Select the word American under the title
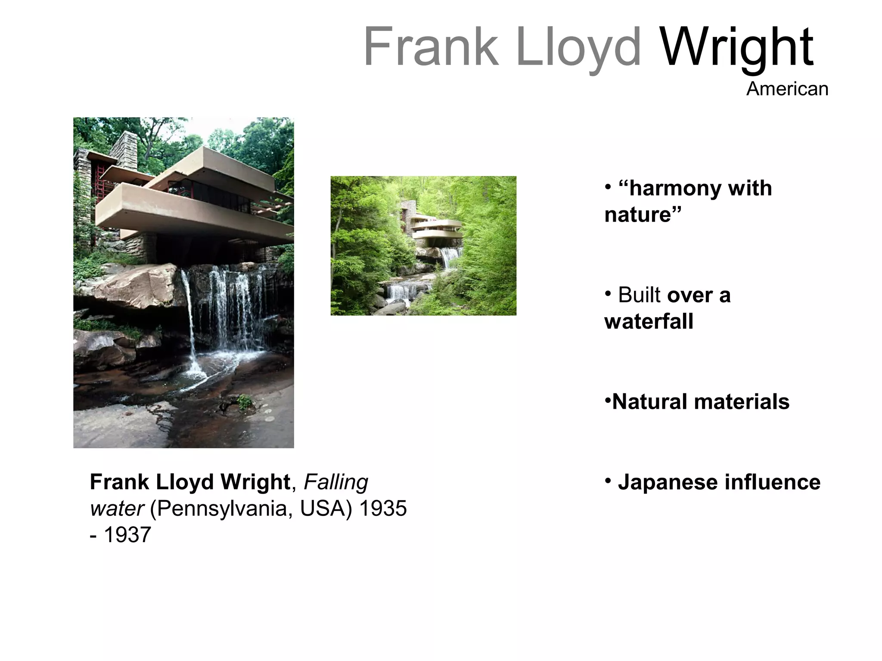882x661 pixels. [x=787, y=89]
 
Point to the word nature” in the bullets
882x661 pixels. [x=643, y=215]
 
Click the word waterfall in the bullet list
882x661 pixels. [x=649, y=321]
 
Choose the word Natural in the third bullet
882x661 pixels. [x=649, y=402]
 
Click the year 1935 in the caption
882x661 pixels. [x=383, y=509]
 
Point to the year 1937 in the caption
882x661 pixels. [x=127, y=535]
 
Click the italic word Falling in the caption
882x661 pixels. [x=336, y=482]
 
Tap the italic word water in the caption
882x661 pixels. [x=116, y=509]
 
